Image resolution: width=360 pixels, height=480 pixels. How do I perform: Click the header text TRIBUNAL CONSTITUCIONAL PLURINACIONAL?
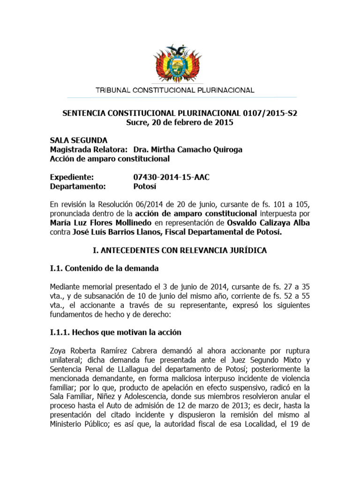[175, 90]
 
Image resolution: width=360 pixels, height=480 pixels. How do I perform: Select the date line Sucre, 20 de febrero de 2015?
[180, 123]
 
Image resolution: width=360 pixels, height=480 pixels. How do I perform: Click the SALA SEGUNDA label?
[79, 141]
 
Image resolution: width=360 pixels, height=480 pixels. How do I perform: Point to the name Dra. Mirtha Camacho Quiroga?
[188, 150]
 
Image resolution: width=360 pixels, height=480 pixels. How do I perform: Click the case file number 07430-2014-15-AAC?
[172, 177]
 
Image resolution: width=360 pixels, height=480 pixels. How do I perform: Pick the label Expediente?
[72, 177]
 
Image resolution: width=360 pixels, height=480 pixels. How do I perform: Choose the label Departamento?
[78, 186]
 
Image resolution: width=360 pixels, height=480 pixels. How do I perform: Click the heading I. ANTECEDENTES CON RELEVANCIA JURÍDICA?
[180, 250]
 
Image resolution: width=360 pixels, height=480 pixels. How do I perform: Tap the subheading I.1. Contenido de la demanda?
[105, 269]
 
